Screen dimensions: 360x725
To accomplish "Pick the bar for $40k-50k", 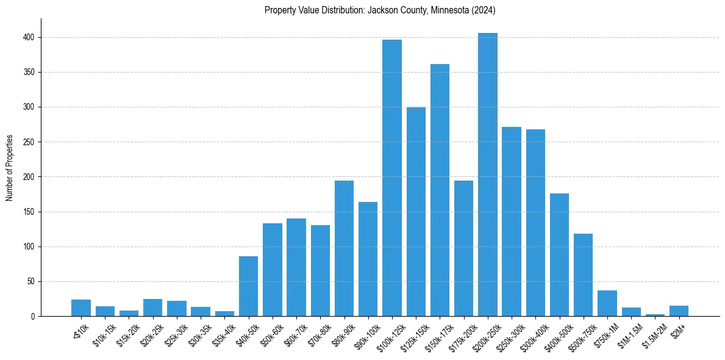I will pos(248,286).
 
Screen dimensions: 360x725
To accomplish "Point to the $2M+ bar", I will pos(679,311).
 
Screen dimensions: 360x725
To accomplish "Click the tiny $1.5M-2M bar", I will pos(655,315).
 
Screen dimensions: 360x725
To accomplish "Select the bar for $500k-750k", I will pos(583,275).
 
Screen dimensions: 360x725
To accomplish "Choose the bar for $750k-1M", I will pos(607,303).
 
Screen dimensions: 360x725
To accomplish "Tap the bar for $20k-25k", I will pos(152,308).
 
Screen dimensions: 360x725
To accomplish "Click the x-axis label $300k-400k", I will pos(532,334).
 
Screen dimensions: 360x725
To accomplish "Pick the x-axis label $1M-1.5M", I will pos(628,334).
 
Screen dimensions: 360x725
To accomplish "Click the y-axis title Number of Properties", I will pos(10,168).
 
